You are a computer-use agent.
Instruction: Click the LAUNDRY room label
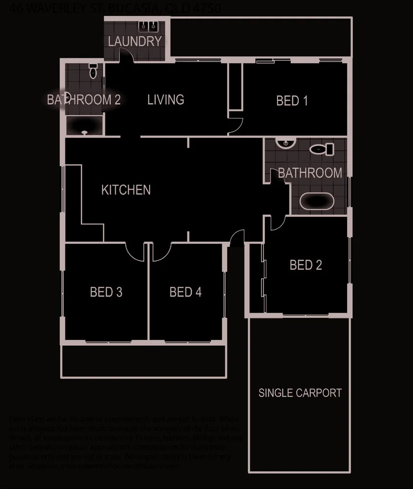[134, 41]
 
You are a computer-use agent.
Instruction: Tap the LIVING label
[166, 100]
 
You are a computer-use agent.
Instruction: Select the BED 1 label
[292, 101]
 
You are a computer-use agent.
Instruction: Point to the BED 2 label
[305, 265]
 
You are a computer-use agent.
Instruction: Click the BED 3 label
[106, 292]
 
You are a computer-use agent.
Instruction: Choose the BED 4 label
[185, 292]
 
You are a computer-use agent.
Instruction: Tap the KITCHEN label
[126, 190]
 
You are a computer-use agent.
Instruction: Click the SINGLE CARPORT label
[300, 393]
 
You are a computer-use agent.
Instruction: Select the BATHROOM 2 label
[84, 100]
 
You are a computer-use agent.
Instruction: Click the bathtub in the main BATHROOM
[316, 201]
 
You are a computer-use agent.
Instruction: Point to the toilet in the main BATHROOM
[323, 148]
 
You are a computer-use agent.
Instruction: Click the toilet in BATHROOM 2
[93, 71]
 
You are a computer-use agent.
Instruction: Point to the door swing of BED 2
[275, 223]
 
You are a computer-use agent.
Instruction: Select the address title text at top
[115, 8]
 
